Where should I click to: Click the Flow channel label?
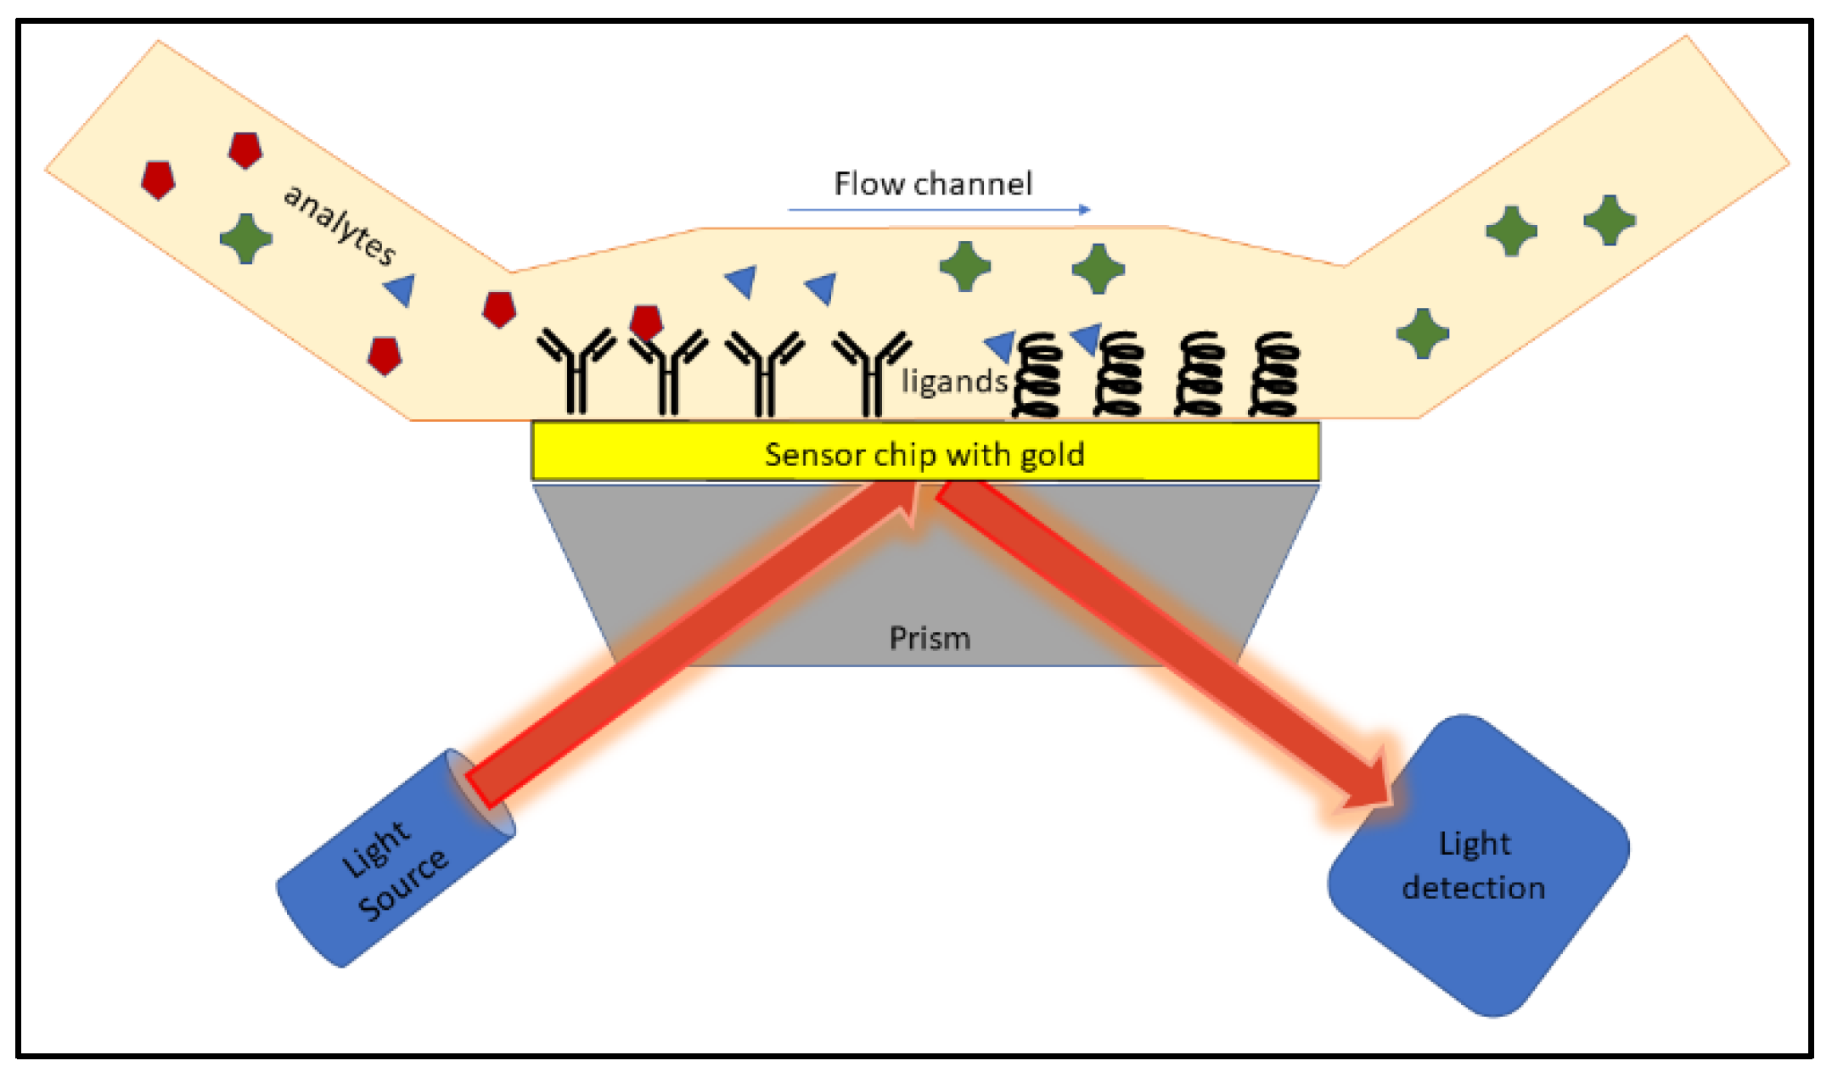pos(932,183)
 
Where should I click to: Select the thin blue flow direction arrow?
pos(938,209)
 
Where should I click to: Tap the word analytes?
pos(340,224)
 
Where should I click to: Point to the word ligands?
pos(954,382)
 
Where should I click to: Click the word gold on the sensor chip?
pos(1052,455)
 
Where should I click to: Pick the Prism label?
pos(930,638)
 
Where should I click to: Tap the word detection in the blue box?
pos(1473,888)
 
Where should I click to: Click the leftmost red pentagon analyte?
pos(158,180)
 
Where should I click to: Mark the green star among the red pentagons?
pos(246,239)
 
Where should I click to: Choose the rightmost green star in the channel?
pos(1610,220)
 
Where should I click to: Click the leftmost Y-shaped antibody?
pos(576,369)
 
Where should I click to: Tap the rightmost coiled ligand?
pos(1274,375)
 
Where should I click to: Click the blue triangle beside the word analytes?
pos(401,290)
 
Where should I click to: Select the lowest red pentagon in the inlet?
pos(385,356)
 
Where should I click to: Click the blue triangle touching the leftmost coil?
pos(1002,345)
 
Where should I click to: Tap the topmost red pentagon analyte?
pos(245,150)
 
